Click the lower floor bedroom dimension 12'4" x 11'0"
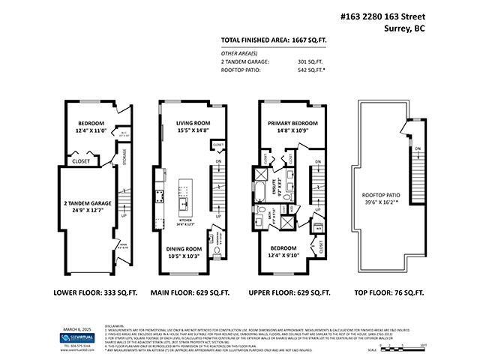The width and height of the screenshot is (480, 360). coord(88,131)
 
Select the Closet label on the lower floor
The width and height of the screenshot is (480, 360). coord(81,160)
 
